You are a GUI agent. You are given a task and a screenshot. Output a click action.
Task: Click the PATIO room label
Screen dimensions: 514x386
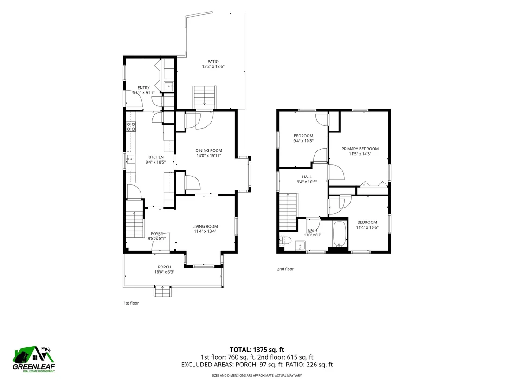pyautogui.click(x=213, y=62)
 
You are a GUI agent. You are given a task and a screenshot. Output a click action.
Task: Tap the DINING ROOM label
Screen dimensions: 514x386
pyautogui.click(x=209, y=150)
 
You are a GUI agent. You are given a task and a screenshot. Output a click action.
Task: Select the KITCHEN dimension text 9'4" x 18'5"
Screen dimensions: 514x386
pyautogui.click(x=155, y=162)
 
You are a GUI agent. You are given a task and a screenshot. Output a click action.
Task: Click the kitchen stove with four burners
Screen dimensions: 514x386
pyautogui.click(x=131, y=127)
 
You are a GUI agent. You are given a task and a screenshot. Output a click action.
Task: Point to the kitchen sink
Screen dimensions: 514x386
pyautogui.click(x=131, y=159)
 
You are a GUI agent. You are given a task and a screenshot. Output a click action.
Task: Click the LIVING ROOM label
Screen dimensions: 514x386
pyautogui.click(x=205, y=226)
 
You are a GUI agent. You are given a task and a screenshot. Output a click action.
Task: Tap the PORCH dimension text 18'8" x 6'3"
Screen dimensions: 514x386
pyautogui.click(x=164, y=272)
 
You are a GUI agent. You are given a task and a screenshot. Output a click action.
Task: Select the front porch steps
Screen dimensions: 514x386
pyautogui.click(x=163, y=291)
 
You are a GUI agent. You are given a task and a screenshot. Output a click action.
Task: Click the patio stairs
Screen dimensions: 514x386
pyautogui.click(x=205, y=97)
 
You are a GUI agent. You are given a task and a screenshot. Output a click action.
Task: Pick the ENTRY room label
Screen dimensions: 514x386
pyautogui.click(x=144, y=88)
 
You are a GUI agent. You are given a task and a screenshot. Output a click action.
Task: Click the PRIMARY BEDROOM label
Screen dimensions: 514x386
pyautogui.click(x=360, y=149)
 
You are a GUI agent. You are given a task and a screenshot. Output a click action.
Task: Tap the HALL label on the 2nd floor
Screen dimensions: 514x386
pyautogui.click(x=307, y=177)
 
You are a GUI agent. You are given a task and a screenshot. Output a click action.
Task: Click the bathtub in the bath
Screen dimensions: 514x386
pyautogui.click(x=340, y=234)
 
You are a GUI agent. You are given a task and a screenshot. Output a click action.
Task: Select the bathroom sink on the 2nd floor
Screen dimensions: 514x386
pyautogui.click(x=300, y=246)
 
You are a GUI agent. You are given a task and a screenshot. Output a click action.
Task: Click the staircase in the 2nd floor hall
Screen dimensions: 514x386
pyautogui.click(x=288, y=212)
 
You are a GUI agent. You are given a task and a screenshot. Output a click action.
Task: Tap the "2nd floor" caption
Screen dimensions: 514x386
pyautogui.click(x=285, y=269)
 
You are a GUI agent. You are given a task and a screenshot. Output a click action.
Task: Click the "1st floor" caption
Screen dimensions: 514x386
pyautogui.click(x=131, y=303)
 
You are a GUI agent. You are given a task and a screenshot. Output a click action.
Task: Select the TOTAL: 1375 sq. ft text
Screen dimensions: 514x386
pyautogui.click(x=257, y=350)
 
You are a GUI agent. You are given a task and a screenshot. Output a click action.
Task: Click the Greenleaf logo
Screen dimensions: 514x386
pyautogui.click(x=34, y=359)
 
